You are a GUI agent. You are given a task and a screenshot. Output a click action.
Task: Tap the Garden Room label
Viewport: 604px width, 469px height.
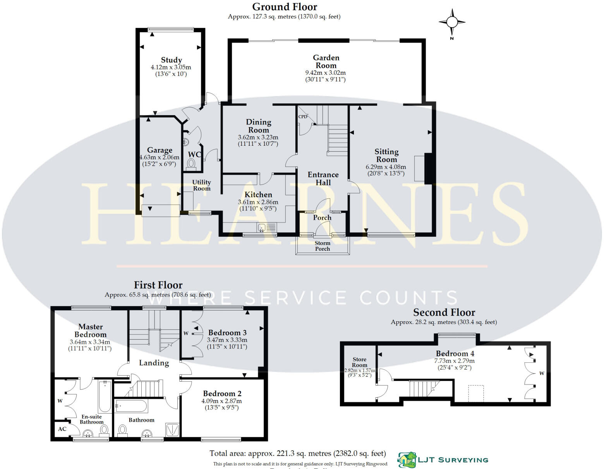coord(326,62)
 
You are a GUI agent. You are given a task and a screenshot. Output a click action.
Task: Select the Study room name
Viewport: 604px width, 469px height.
coord(171,60)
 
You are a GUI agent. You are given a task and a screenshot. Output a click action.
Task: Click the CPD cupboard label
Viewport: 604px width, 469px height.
coord(303,117)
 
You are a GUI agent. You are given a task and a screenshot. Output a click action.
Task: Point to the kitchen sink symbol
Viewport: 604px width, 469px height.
coord(262,228)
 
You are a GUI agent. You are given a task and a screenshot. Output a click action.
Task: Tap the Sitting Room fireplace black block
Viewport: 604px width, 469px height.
coord(428,169)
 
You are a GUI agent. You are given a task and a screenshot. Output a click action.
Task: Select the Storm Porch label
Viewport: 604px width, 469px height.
coord(322,246)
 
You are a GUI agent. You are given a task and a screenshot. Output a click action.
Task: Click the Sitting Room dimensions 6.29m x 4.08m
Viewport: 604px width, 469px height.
coord(386,167)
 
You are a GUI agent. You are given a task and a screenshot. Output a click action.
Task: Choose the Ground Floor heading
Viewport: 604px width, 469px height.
coord(285,7)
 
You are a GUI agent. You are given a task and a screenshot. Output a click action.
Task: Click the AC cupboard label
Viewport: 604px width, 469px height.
coord(62,429)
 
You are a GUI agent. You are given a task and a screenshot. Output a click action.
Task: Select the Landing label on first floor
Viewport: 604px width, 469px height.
coord(154,363)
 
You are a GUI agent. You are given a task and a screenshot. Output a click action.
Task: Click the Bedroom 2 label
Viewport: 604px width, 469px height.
coord(222,394)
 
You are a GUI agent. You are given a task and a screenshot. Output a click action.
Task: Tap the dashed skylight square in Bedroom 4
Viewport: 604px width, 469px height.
coord(476,393)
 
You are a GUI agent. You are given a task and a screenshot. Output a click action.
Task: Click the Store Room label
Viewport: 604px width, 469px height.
coord(359,362)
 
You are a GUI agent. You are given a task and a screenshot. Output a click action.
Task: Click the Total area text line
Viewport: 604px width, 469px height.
coord(297,453)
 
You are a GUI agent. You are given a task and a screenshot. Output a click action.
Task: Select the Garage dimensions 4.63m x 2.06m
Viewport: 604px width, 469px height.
coord(160,157)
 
